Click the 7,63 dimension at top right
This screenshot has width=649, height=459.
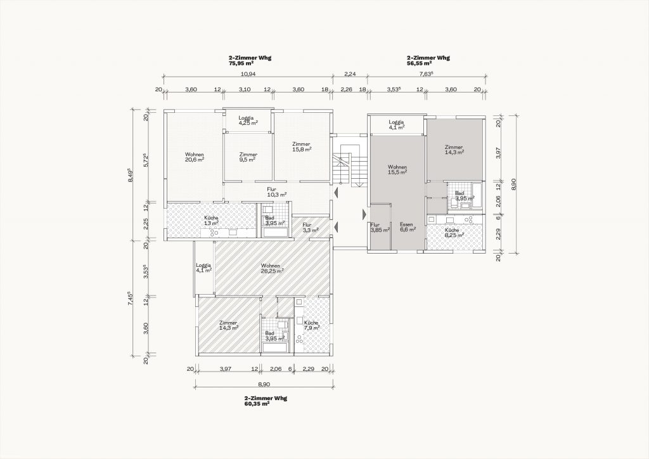(426, 74)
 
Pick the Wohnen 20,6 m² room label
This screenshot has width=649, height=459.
(194, 157)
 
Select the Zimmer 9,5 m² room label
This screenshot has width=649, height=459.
(248, 157)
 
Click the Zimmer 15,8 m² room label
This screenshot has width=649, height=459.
(301, 147)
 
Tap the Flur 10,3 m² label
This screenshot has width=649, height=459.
(277, 191)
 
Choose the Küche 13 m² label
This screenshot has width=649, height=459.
(211, 221)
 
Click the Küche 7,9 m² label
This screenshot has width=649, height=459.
(312, 325)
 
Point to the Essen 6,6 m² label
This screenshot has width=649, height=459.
(408, 227)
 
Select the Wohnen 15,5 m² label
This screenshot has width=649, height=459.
(397, 169)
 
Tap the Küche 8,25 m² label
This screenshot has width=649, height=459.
(454, 232)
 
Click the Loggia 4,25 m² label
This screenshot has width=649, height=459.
(248, 120)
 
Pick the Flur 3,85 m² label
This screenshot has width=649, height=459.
(380, 227)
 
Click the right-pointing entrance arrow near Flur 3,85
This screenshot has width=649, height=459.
(364, 214)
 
